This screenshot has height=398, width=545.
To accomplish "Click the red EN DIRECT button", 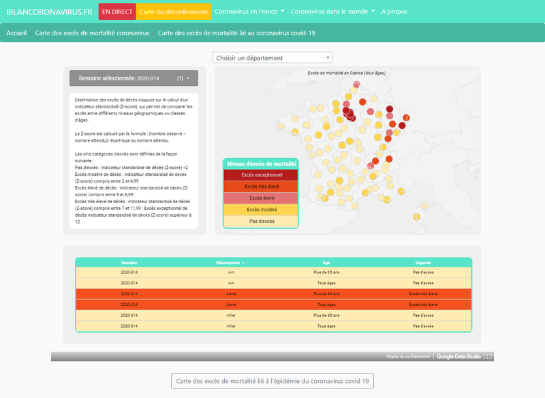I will click(x=117, y=12).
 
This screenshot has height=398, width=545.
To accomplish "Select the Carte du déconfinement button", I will click(x=172, y=12).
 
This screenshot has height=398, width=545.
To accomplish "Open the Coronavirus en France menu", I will click(x=248, y=12).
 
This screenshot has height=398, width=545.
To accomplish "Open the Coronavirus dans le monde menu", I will click(x=332, y=12).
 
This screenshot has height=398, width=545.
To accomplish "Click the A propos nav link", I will click(x=394, y=12).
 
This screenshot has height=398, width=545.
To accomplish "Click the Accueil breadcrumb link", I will click(x=16, y=33).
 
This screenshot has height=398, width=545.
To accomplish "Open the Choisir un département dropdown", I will click(x=272, y=58).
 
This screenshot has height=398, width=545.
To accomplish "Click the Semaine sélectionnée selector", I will click(x=134, y=78).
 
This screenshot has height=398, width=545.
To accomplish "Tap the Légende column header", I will click(x=423, y=262).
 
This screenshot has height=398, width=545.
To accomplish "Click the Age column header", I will click(x=326, y=262).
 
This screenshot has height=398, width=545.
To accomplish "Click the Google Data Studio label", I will click(x=459, y=356).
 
